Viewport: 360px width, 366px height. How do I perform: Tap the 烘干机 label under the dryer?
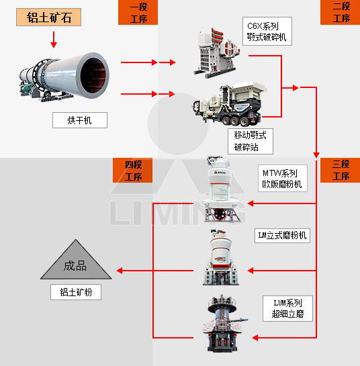point(80,120)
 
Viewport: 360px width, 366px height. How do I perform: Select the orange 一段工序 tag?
point(138,13)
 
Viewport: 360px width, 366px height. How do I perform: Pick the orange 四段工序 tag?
point(134,170)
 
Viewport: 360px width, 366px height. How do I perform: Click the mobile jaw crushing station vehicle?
point(228,104)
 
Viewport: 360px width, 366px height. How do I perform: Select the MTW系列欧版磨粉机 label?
point(283,178)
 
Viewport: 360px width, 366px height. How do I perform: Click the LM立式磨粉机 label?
point(283,235)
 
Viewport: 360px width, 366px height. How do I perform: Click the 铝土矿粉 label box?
point(75,292)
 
